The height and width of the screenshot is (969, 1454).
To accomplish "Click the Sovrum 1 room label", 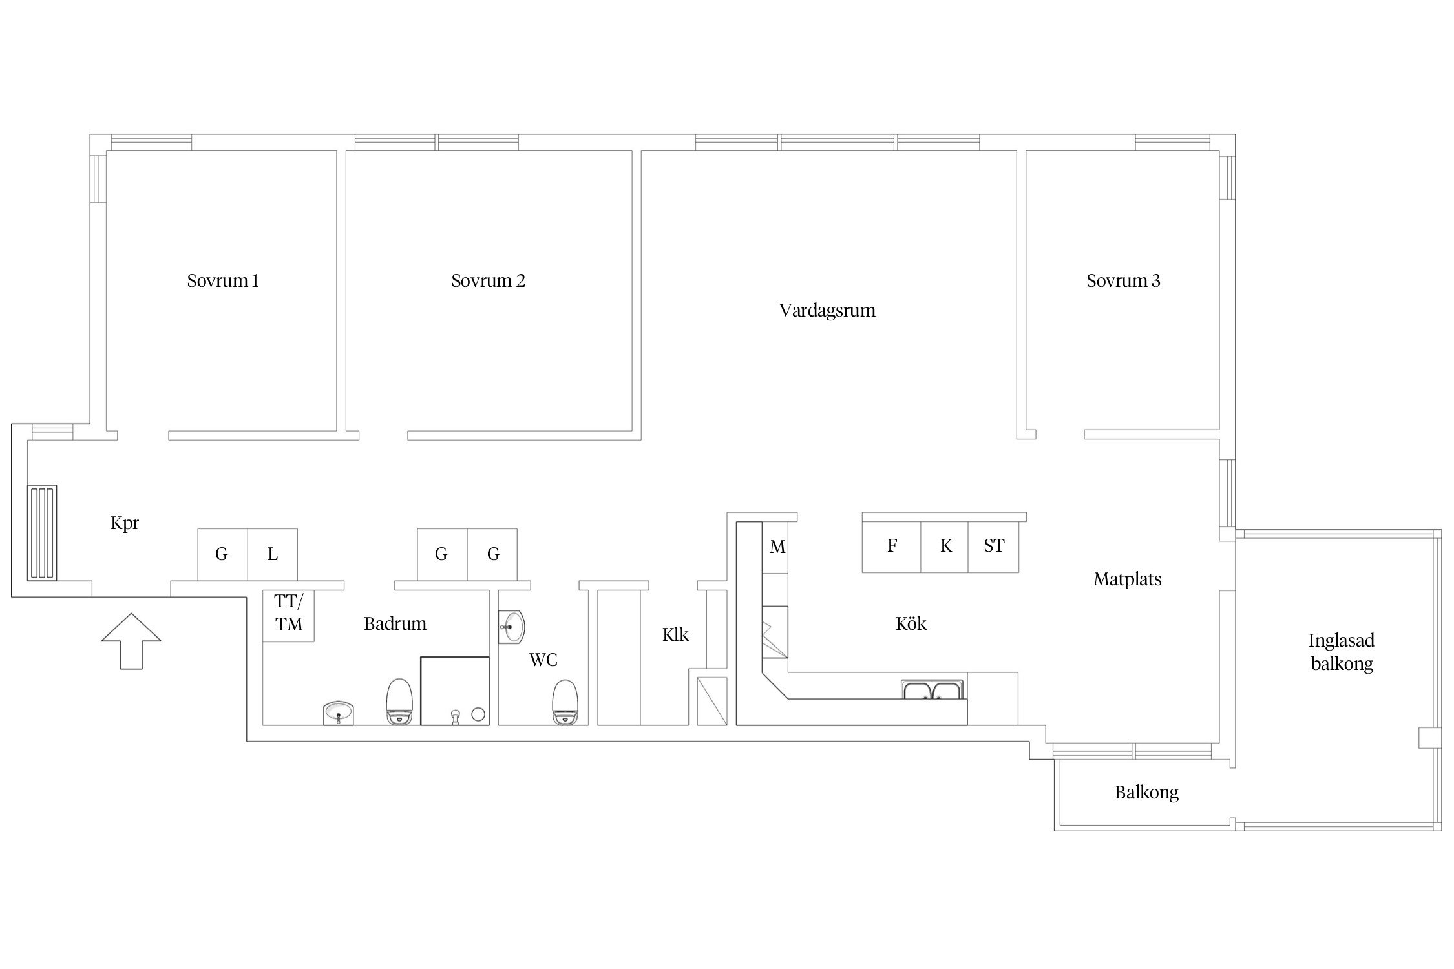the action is (x=223, y=281).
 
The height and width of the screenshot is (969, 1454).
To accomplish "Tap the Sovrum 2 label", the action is (x=488, y=281).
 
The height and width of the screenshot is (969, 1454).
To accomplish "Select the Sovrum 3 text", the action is (x=1123, y=281).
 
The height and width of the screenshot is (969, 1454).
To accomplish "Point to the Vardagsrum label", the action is (x=827, y=311).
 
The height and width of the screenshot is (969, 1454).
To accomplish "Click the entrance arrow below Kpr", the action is (x=131, y=640).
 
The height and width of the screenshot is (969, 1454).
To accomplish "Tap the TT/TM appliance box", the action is (x=288, y=616).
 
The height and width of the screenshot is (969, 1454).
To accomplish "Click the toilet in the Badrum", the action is (x=399, y=702).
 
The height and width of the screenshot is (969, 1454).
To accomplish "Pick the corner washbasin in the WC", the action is (x=511, y=627).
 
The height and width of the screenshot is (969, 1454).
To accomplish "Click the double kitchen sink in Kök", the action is (x=933, y=690).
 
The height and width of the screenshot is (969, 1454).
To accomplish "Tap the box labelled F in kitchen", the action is (x=892, y=547).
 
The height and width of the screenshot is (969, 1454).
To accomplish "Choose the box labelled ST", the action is (x=993, y=547).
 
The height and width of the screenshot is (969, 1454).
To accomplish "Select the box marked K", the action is (x=945, y=547).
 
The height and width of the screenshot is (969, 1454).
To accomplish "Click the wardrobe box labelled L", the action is (x=273, y=554).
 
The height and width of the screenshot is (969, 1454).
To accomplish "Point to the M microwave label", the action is (x=777, y=547).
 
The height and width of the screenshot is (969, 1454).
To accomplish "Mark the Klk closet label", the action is (x=675, y=635).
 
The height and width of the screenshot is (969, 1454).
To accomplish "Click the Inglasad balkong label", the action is (x=1342, y=652).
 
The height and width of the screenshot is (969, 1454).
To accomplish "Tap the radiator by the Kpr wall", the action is (x=42, y=533).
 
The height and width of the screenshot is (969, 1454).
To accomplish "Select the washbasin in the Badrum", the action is (x=339, y=713).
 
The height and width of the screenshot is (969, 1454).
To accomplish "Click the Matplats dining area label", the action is (x=1128, y=579).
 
